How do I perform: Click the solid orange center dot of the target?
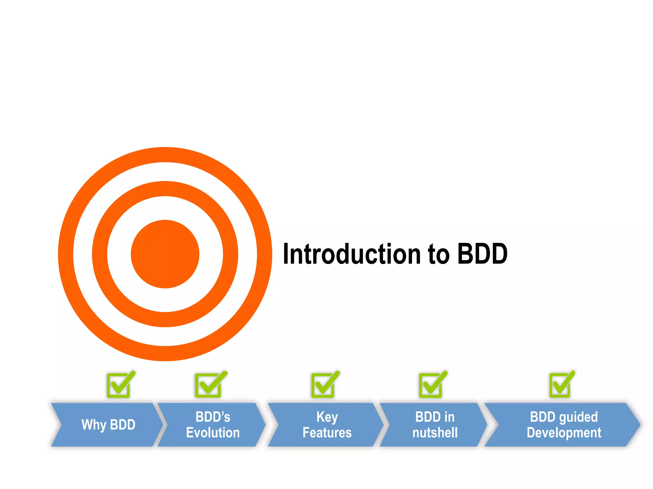(x=165, y=254)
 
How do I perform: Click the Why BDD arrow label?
(x=108, y=425)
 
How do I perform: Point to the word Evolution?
(x=213, y=433)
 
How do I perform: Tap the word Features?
(x=327, y=433)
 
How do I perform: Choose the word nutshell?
(x=435, y=433)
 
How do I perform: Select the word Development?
(x=564, y=433)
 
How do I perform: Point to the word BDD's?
(x=213, y=417)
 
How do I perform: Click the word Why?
(x=94, y=425)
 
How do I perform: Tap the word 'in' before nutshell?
(x=449, y=417)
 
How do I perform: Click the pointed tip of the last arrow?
(x=639, y=425)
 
